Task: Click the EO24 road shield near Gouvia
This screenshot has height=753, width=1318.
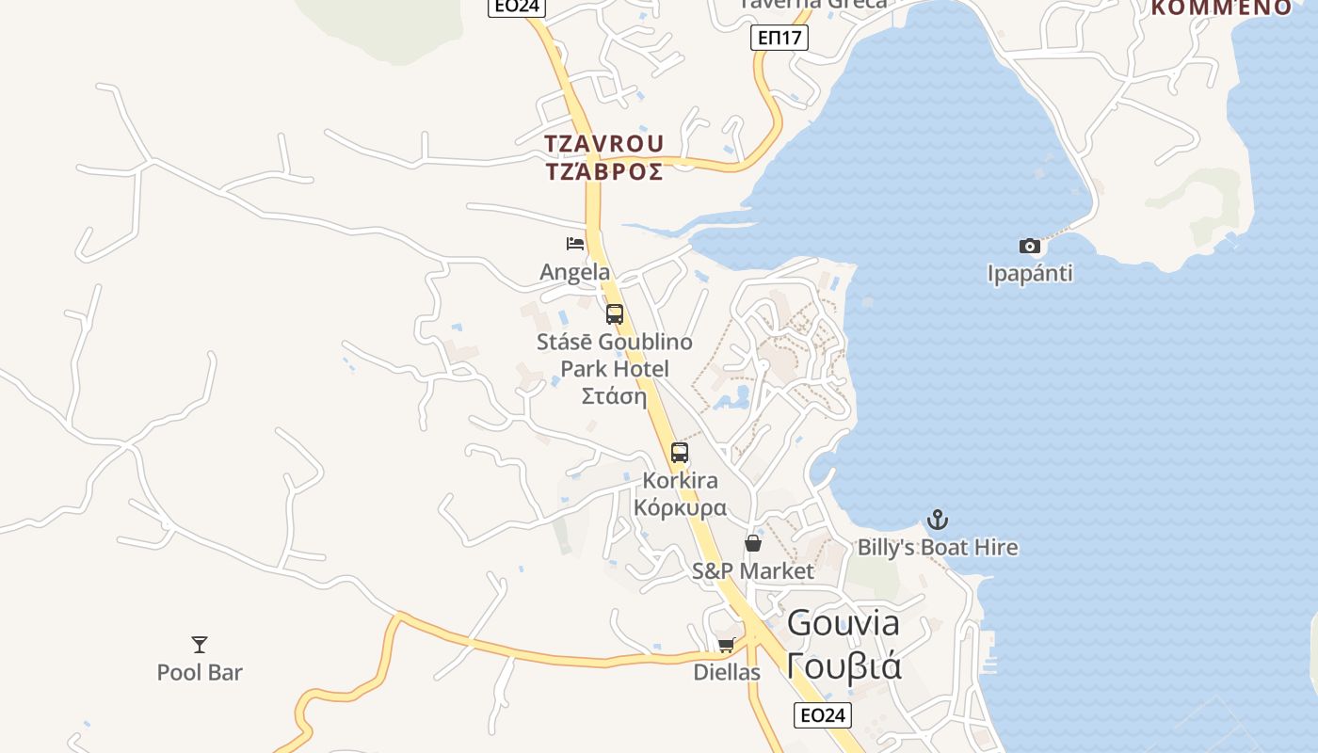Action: pos(822,715)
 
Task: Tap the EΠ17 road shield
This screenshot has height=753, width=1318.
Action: pos(780,38)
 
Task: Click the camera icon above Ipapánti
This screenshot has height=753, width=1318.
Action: pos(1030,247)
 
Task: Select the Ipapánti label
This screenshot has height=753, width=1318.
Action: pos(1030,274)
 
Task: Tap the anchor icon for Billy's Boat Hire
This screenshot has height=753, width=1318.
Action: pos(938,520)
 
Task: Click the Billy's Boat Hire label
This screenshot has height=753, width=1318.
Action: pos(938,547)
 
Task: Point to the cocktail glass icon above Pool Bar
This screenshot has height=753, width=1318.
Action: pos(200,645)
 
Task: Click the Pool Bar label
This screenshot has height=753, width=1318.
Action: pos(200,672)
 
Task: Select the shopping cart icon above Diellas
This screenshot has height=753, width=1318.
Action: pos(726,645)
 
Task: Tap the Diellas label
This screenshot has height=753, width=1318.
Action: pos(727,672)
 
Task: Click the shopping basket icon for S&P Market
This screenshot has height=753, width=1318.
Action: pos(753,543)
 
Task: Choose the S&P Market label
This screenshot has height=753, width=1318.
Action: pos(753,570)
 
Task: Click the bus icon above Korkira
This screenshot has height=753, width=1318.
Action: pos(680,453)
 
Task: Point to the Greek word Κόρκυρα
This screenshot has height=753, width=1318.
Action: pos(680,508)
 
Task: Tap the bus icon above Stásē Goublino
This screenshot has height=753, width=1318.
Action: pos(615,314)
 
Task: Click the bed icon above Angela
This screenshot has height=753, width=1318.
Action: pos(575,244)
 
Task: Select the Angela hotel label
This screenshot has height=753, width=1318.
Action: pos(575,272)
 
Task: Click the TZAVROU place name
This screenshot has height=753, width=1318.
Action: pos(604,144)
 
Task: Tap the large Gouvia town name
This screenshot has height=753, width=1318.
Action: pos(844,622)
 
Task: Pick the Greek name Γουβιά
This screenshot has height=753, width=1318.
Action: pos(844,665)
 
